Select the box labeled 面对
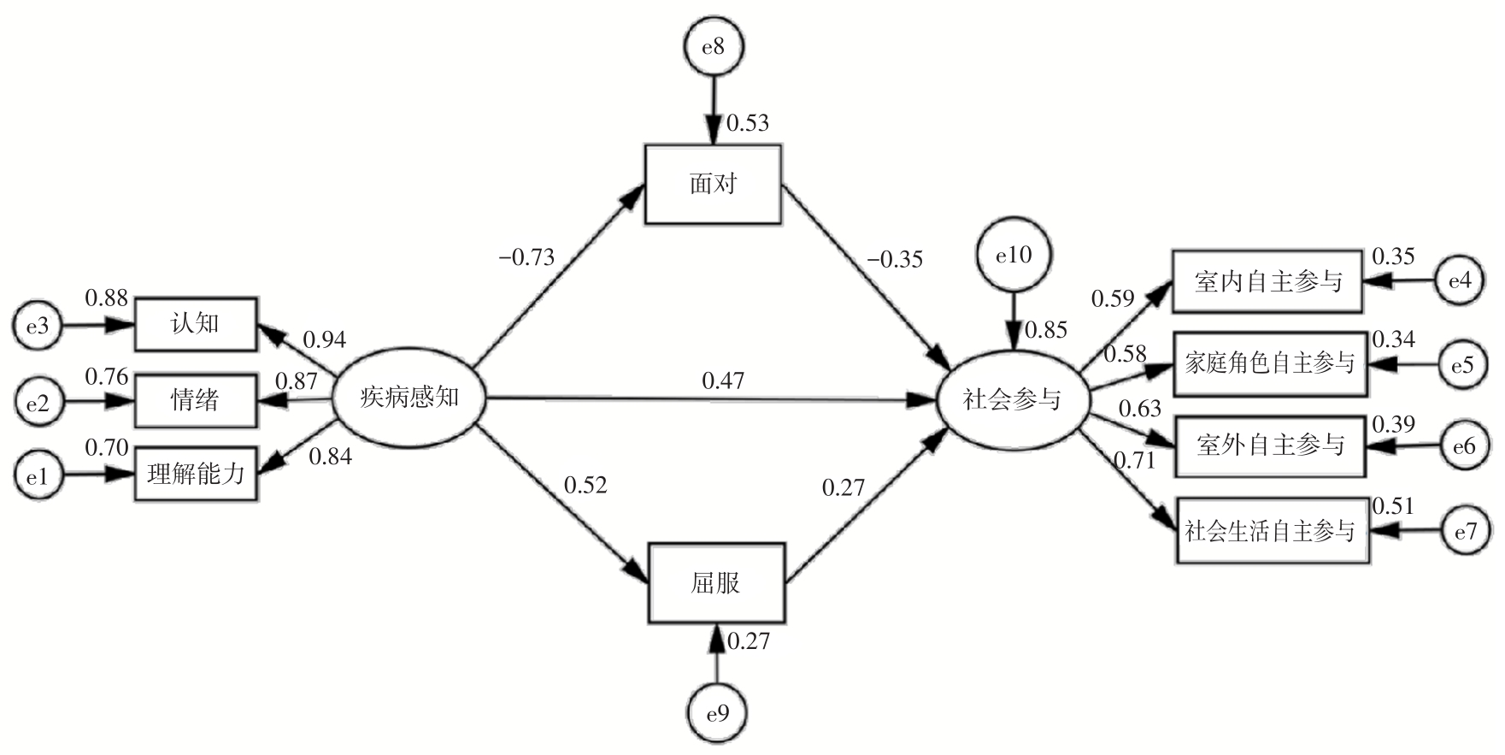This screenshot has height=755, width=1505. tap(713, 185)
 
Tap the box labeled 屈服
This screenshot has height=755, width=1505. tap(715, 583)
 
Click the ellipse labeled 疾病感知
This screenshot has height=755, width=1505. tap(409, 398)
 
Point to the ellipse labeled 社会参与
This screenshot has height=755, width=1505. tap(1013, 399)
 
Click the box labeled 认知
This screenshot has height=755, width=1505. tap(196, 324)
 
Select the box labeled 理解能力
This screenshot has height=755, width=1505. tap(196, 474)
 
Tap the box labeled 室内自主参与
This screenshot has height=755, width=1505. tap(1267, 282)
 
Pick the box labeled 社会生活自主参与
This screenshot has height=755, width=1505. tap(1269, 531)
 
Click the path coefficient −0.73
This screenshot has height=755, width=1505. tap(526, 257)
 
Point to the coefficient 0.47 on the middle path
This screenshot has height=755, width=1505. tap(723, 380)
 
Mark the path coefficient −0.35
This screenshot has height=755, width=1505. tap(894, 259)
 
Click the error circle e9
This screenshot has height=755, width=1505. tap(718, 713)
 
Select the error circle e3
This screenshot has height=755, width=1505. tap(37, 326)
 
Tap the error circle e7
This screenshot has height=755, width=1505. tap(1465, 532)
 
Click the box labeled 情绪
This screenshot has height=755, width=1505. tap(196, 399)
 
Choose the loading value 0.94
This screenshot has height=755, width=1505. tap(325, 339)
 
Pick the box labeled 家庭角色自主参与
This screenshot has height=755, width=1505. tap(1269, 364)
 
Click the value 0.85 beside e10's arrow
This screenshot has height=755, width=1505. tap(1046, 329)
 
